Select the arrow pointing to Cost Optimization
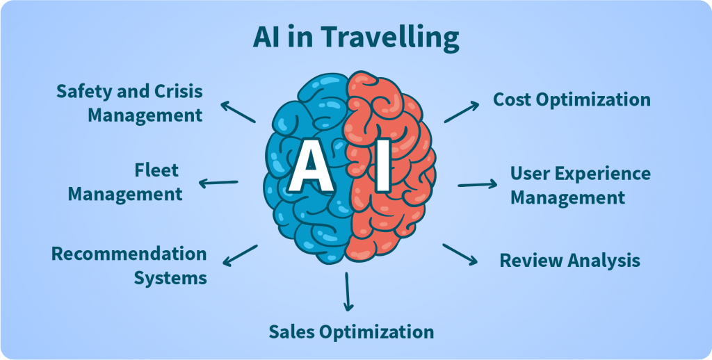[x=462, y=112]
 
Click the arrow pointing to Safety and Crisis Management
[x=238, y=112]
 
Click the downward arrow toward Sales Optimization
[x=348, y=291]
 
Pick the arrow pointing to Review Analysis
[x=460, y=254]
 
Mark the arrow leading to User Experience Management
[x=478, y=185]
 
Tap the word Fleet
[x=156, y=170]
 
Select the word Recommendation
[x=129, y=254]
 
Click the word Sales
[x=292, y=332]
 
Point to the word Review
[x=530, y=261]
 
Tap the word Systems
[x=170, y=278]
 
